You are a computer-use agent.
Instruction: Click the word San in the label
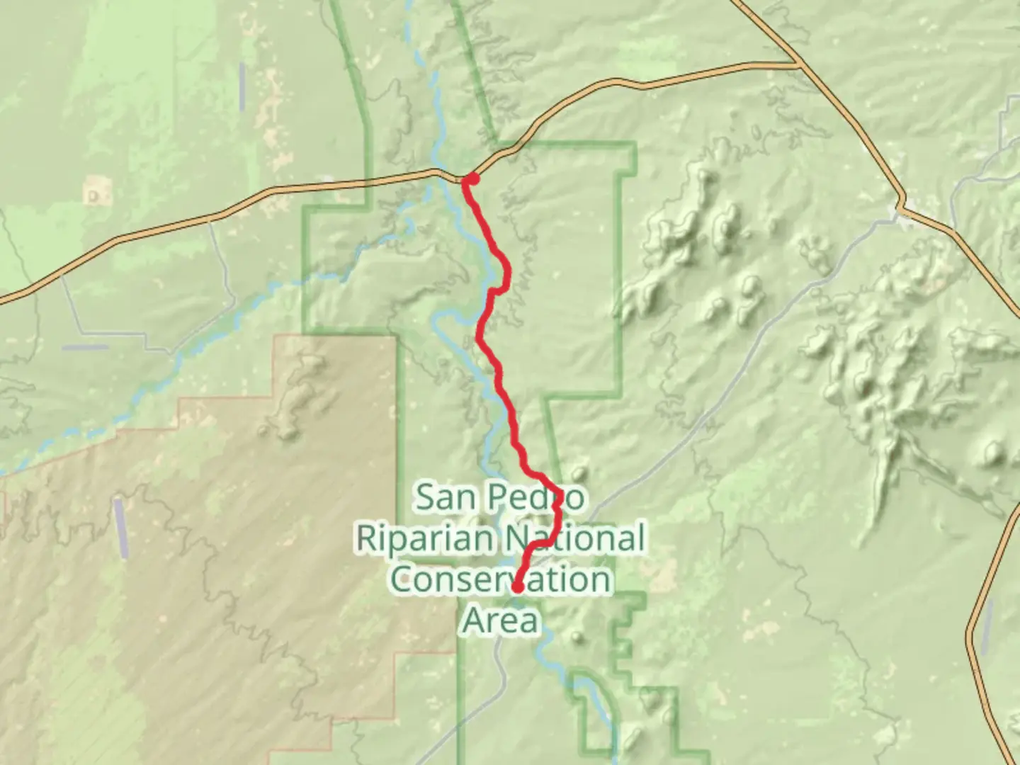443,497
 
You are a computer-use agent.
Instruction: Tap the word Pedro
538,497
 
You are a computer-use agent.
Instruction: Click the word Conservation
500,579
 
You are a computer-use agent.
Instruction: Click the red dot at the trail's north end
470,179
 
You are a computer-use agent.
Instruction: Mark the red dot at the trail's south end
518,587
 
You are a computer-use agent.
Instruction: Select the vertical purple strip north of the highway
242,86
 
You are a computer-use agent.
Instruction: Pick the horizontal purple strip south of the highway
84,347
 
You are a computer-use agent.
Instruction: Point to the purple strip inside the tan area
121,528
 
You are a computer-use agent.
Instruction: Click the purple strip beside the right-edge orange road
986,626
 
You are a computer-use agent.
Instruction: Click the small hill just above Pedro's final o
579,472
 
